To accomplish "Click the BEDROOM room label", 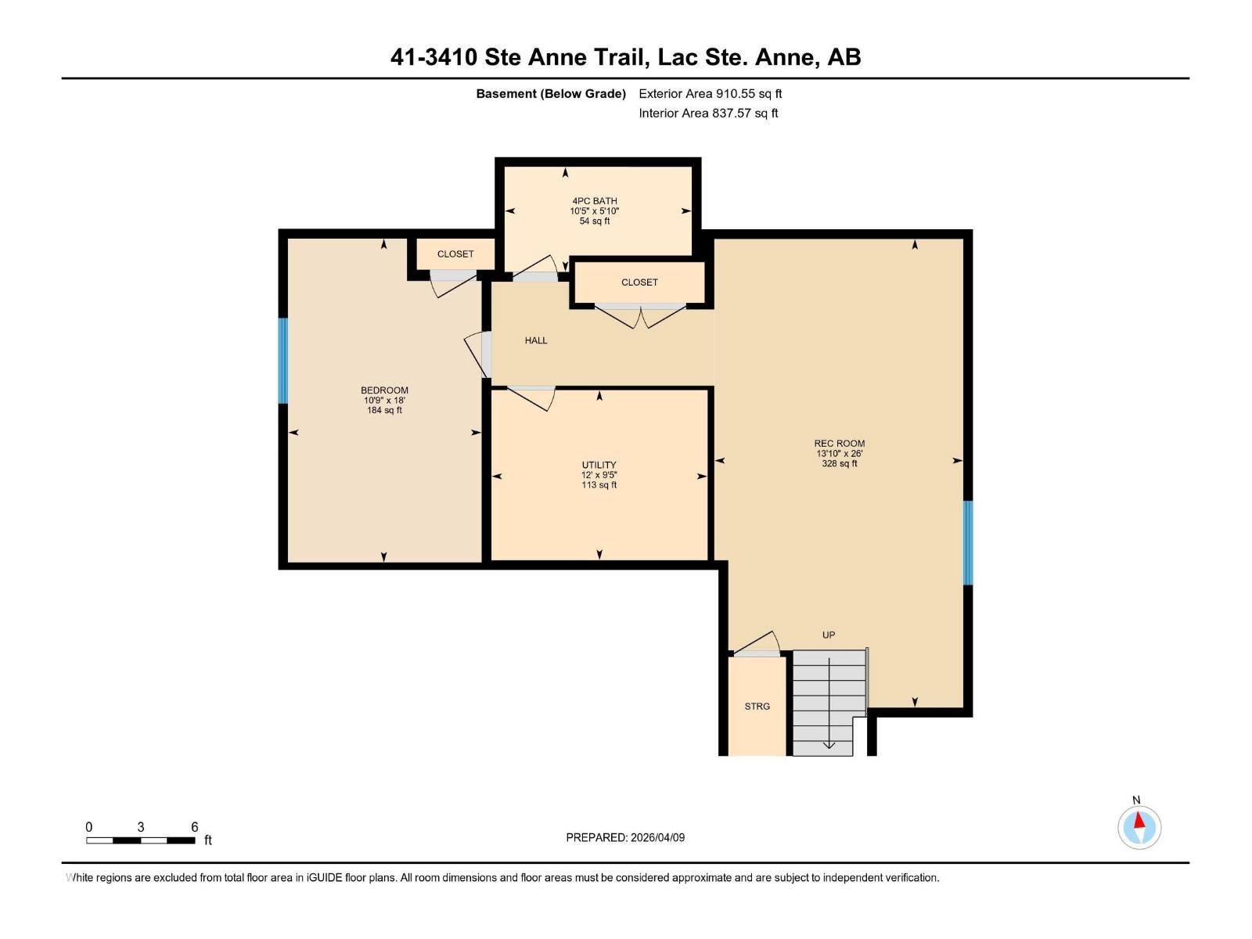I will [x=384, y=390].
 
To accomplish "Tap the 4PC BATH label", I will [x=595, y=201].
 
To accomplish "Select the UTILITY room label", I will [x=599, y=465].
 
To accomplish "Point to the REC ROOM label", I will [x=839, y=444].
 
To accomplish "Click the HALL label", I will [x=536, y=340].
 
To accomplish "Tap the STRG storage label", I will [x=757, y=707].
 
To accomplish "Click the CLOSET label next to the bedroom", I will [x=455, y=254].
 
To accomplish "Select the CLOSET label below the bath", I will [x=639, y=282].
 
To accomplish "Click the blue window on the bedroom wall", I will [x=283, y=361].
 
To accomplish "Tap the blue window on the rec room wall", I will [x=967, y=542].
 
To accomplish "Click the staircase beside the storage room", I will [x=828, y=703].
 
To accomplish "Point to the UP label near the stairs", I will [x=829, y=635].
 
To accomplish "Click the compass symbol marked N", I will [x=1139, y=827].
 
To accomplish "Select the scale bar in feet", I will [x=141, y=840].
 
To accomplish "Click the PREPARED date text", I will [x=625, y=837].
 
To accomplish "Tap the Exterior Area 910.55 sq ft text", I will [x=710, y=94].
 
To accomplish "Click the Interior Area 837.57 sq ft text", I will [x=708, y=113].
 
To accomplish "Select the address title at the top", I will [x=625, y=57].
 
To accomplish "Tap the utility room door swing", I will [x=532, y=398].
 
